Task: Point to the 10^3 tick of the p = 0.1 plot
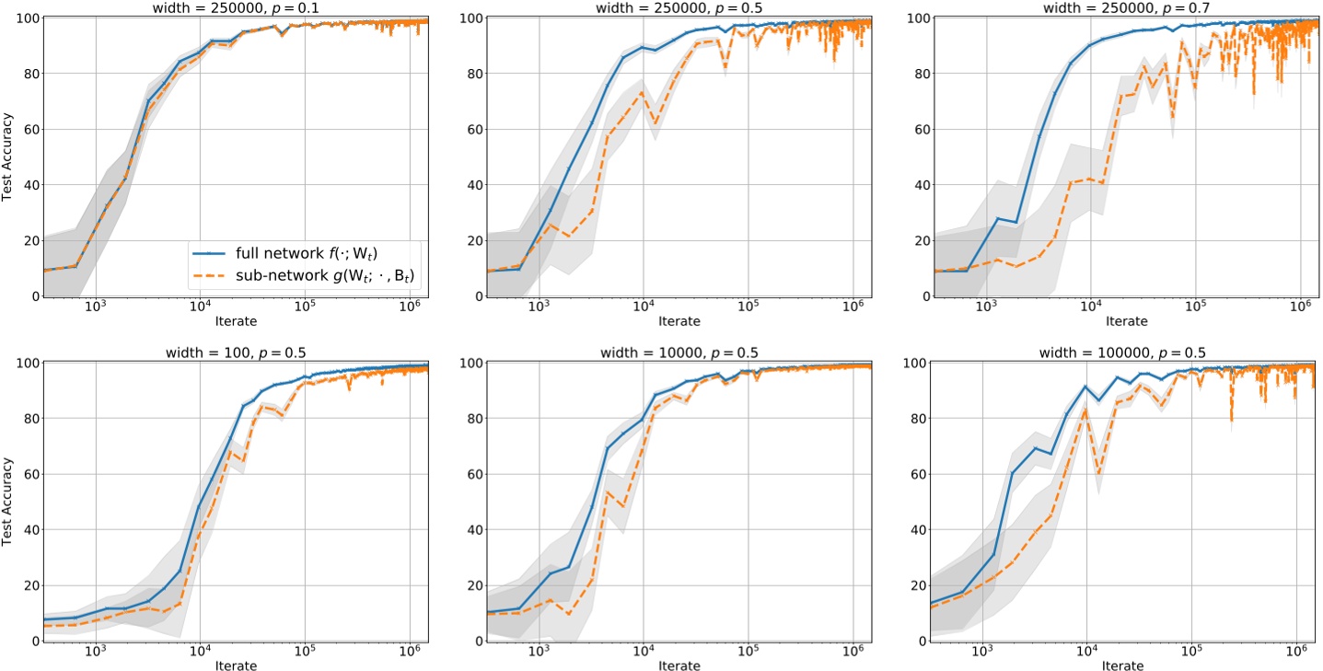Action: [x=96, y=307]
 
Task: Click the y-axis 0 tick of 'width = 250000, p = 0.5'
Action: [x=477, y=296]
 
